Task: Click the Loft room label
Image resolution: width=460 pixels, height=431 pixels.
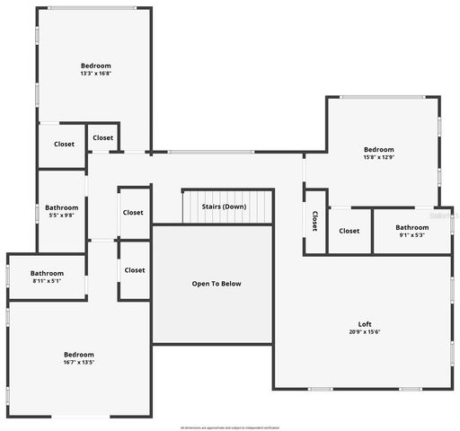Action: (x=364, y=324)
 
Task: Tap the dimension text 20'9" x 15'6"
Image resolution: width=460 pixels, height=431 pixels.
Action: (x=364, y=332)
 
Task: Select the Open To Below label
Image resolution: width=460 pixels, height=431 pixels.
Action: (x=217, y=284)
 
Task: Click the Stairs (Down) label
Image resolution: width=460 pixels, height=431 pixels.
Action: (x=224, y=207)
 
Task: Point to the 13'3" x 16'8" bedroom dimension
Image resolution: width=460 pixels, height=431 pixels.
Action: (x=95, y=74)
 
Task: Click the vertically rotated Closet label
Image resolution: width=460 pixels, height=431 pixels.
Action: (x=314, y=221)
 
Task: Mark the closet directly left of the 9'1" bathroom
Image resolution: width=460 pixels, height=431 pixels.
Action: (x=349, y=231)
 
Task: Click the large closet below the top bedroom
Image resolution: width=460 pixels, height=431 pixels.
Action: (x=64, y=144)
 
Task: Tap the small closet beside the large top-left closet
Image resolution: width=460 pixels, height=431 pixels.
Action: (x=103, y=137)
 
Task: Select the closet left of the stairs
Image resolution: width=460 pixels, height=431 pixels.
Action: (x=133, y=213)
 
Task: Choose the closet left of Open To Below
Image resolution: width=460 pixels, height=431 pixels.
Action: (x=135, y=269)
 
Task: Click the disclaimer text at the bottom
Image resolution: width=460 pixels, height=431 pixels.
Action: (x=230, y=427)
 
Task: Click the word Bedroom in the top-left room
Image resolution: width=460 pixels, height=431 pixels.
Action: (x=95, y=66)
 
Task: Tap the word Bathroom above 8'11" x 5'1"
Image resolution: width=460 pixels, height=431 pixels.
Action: (x=47, y=273)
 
